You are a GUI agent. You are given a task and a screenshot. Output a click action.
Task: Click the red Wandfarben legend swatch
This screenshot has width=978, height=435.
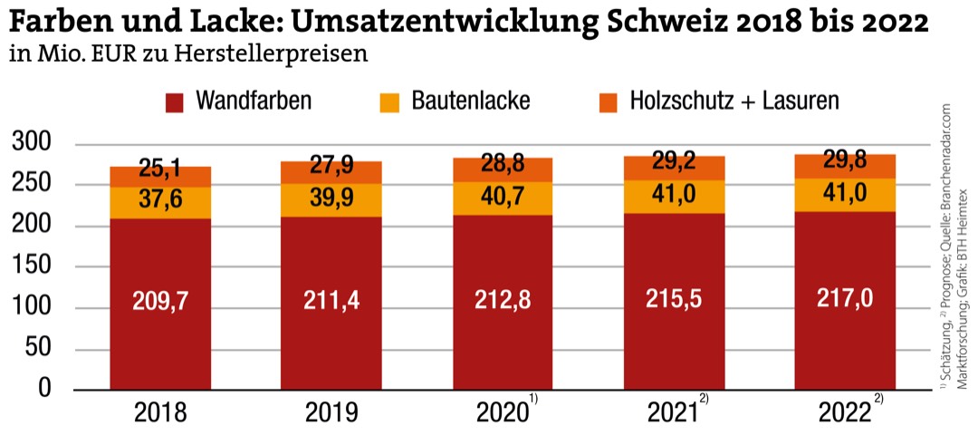(x=177, y=101)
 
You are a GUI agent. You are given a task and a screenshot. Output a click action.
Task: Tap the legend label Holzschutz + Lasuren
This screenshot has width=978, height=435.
(x=734, y=101)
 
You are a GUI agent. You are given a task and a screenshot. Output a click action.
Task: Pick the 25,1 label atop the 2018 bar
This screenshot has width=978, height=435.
(x=160, y=169)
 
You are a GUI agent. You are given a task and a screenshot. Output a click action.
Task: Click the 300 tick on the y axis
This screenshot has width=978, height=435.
(x=36, y=144)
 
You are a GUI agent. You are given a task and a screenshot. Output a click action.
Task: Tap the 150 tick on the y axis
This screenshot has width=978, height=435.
(x=36, y=267)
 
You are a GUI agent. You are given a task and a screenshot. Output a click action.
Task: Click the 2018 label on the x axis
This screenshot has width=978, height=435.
(x=160, y=414)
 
